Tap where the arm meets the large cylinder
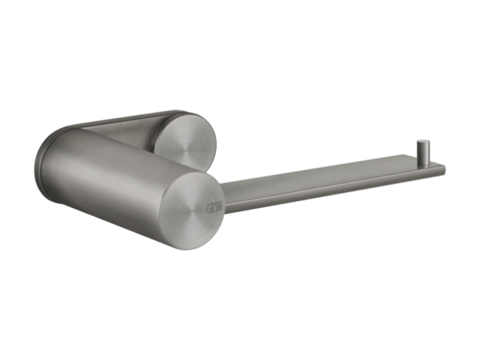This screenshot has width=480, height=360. coord(225,195)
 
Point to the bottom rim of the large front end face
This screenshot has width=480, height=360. coord(189,248)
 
